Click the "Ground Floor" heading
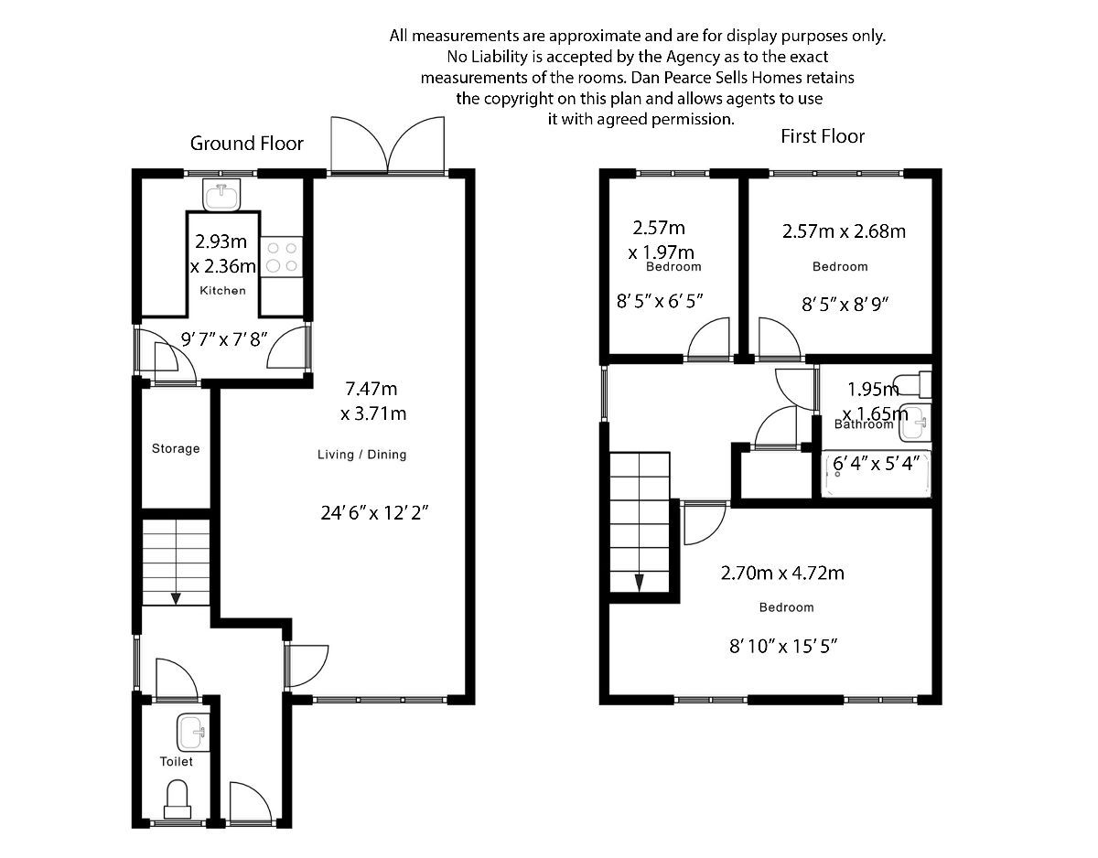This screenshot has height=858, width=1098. (x=246, y=144)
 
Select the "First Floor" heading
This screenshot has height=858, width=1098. (x=822, y=137)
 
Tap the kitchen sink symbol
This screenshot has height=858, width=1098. (x=221, y=195)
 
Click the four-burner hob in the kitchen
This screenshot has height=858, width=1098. (x=282, y=255)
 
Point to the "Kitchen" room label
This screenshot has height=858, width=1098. (x=223, y=291)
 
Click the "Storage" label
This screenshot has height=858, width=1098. (x=176, y=449)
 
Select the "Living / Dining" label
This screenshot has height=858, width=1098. (x=361, y=455)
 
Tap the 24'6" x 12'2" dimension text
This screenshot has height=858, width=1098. (x=374, y=513)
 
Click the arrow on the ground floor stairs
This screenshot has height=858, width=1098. (x=176, y=596)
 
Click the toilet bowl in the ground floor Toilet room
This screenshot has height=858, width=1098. (x=176, y=799)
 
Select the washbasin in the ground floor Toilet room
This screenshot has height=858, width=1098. (x=192, y=732)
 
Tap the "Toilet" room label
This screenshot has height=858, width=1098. (x=176, y=761)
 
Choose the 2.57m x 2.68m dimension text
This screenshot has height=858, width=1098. (x=844, y=231)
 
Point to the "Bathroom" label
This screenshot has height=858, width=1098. (x=863, y=424)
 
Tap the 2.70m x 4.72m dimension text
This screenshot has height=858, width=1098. (x=781, y=574)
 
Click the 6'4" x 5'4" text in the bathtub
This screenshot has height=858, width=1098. (x=876, y=464)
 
